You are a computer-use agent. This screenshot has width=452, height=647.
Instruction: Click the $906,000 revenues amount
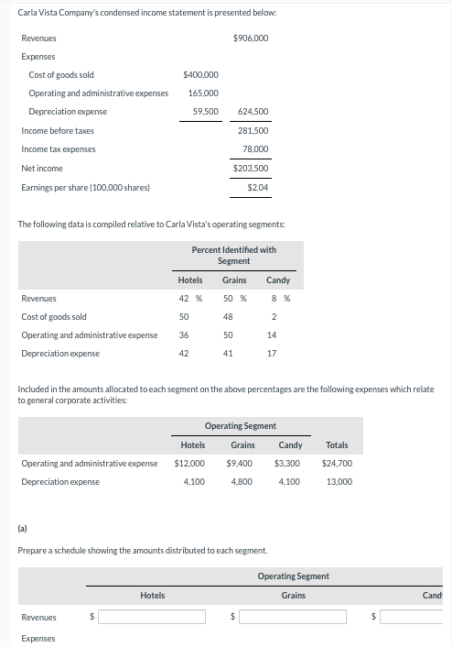coord(251,38)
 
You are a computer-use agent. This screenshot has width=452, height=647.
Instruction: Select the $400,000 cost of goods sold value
coord(200,74)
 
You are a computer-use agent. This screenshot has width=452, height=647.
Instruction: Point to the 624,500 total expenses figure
coord(252,112)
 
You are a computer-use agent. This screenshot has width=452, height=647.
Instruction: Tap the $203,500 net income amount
coord(251,169)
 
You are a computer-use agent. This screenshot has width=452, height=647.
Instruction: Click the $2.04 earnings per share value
coord(257,188)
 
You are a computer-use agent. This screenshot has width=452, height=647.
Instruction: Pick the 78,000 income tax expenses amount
coord(255,149)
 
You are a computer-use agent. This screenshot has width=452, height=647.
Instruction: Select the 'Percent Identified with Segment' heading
coord(233,255)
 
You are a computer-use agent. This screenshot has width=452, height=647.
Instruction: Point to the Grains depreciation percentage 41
coord(228,354)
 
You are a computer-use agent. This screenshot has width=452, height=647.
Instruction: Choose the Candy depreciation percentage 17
coord(272,354)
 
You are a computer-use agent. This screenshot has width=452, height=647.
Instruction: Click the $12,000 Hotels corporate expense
coord(189,464)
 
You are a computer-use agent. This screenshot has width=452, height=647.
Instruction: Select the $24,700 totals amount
coord(337,464)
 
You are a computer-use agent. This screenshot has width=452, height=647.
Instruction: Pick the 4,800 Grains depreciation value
coord(242,482)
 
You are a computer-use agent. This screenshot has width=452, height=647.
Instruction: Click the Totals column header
coord(337,445)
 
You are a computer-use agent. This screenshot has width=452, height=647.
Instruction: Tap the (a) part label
coord(23,528)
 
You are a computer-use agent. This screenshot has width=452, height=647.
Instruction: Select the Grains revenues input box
coord(298,617)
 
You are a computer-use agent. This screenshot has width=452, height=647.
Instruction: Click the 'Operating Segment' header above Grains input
coord(293,576)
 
